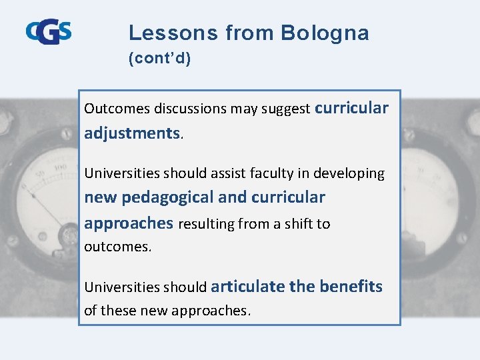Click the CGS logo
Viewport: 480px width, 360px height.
coord(49,31)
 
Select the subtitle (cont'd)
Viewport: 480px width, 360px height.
coord(159,59)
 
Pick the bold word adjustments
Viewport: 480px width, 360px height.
coord(132,133)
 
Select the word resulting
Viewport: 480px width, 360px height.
coord(206,224)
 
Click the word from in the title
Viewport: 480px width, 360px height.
coord(249,33)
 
